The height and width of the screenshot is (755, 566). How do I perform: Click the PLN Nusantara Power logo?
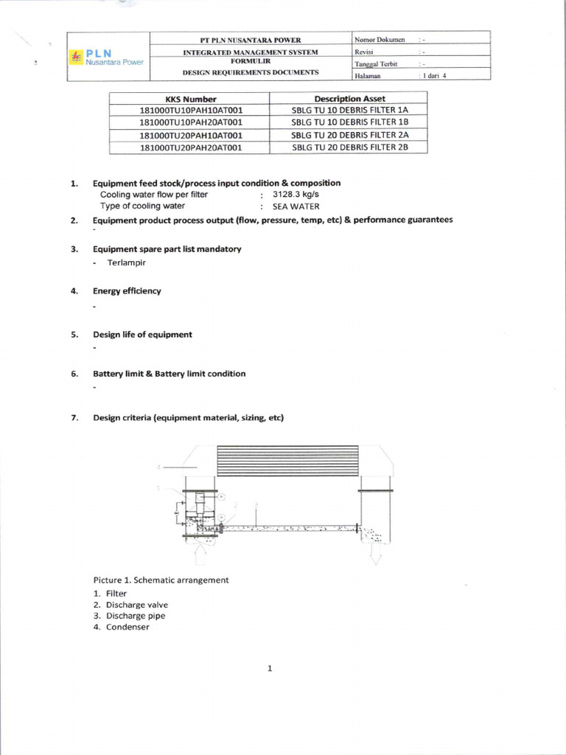(106, 57)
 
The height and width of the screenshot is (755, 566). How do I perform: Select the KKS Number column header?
(190, 99)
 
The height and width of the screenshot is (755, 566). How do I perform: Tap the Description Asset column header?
(349, 99)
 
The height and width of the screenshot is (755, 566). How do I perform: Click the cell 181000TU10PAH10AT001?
(190, 111)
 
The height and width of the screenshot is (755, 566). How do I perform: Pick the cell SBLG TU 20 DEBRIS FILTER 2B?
(349, 147)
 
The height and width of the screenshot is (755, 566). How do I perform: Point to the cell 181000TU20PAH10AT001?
(190, 135)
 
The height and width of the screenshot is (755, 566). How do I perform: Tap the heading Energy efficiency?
(127, 290)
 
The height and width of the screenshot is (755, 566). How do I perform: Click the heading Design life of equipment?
(142, 334)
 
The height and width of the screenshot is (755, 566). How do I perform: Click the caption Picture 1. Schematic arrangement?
(161, 580)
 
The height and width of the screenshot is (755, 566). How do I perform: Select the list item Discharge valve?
(137, 605)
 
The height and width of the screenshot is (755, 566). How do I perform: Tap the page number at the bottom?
(270, 669)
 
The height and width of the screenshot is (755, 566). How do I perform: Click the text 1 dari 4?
(433, 75)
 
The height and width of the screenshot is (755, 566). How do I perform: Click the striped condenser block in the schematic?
(287, 461)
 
